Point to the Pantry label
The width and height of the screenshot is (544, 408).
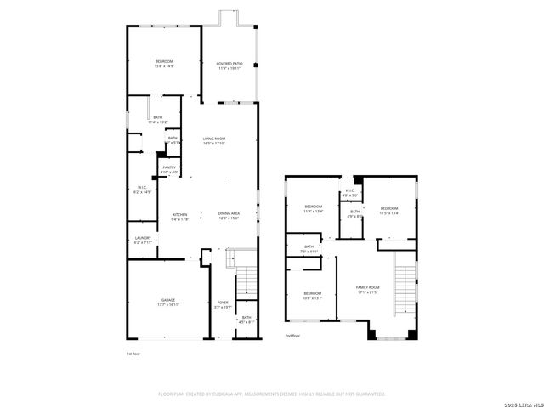169,170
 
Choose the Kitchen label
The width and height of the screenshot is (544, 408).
179,216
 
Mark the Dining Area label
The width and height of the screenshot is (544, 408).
229,216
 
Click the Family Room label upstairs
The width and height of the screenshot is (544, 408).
367,290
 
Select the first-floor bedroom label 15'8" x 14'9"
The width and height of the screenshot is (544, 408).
164,64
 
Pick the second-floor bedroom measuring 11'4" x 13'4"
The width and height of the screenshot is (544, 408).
314,209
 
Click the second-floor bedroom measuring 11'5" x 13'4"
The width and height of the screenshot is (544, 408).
389,210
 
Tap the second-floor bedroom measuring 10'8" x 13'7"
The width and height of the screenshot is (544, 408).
314,296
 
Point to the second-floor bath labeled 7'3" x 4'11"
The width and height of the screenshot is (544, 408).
309,249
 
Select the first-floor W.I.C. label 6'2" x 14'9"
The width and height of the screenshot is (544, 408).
144,190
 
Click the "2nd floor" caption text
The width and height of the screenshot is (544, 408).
292,336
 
